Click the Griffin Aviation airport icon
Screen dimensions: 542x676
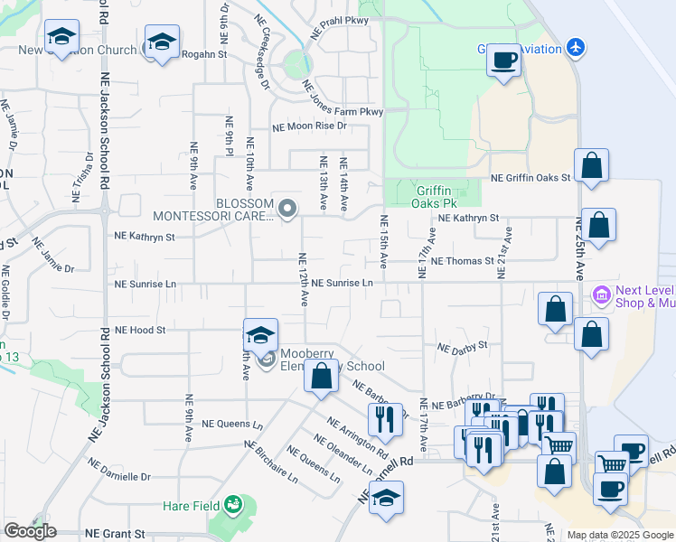(x=577, y=47)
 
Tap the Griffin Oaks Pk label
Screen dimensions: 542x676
(x=439, y=197)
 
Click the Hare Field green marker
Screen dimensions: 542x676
(x=233, y=502)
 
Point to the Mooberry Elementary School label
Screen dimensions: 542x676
(x=332, y=360)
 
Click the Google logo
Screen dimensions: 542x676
(x=30, y=531)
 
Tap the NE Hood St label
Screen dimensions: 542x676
(x=140, y=331)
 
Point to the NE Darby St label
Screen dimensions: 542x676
(x=462, y=345)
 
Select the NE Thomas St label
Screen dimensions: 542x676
(x=463, y=261)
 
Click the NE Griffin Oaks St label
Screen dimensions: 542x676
(x=530, y=178)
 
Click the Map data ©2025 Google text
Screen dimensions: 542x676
(x=620, y=535)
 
